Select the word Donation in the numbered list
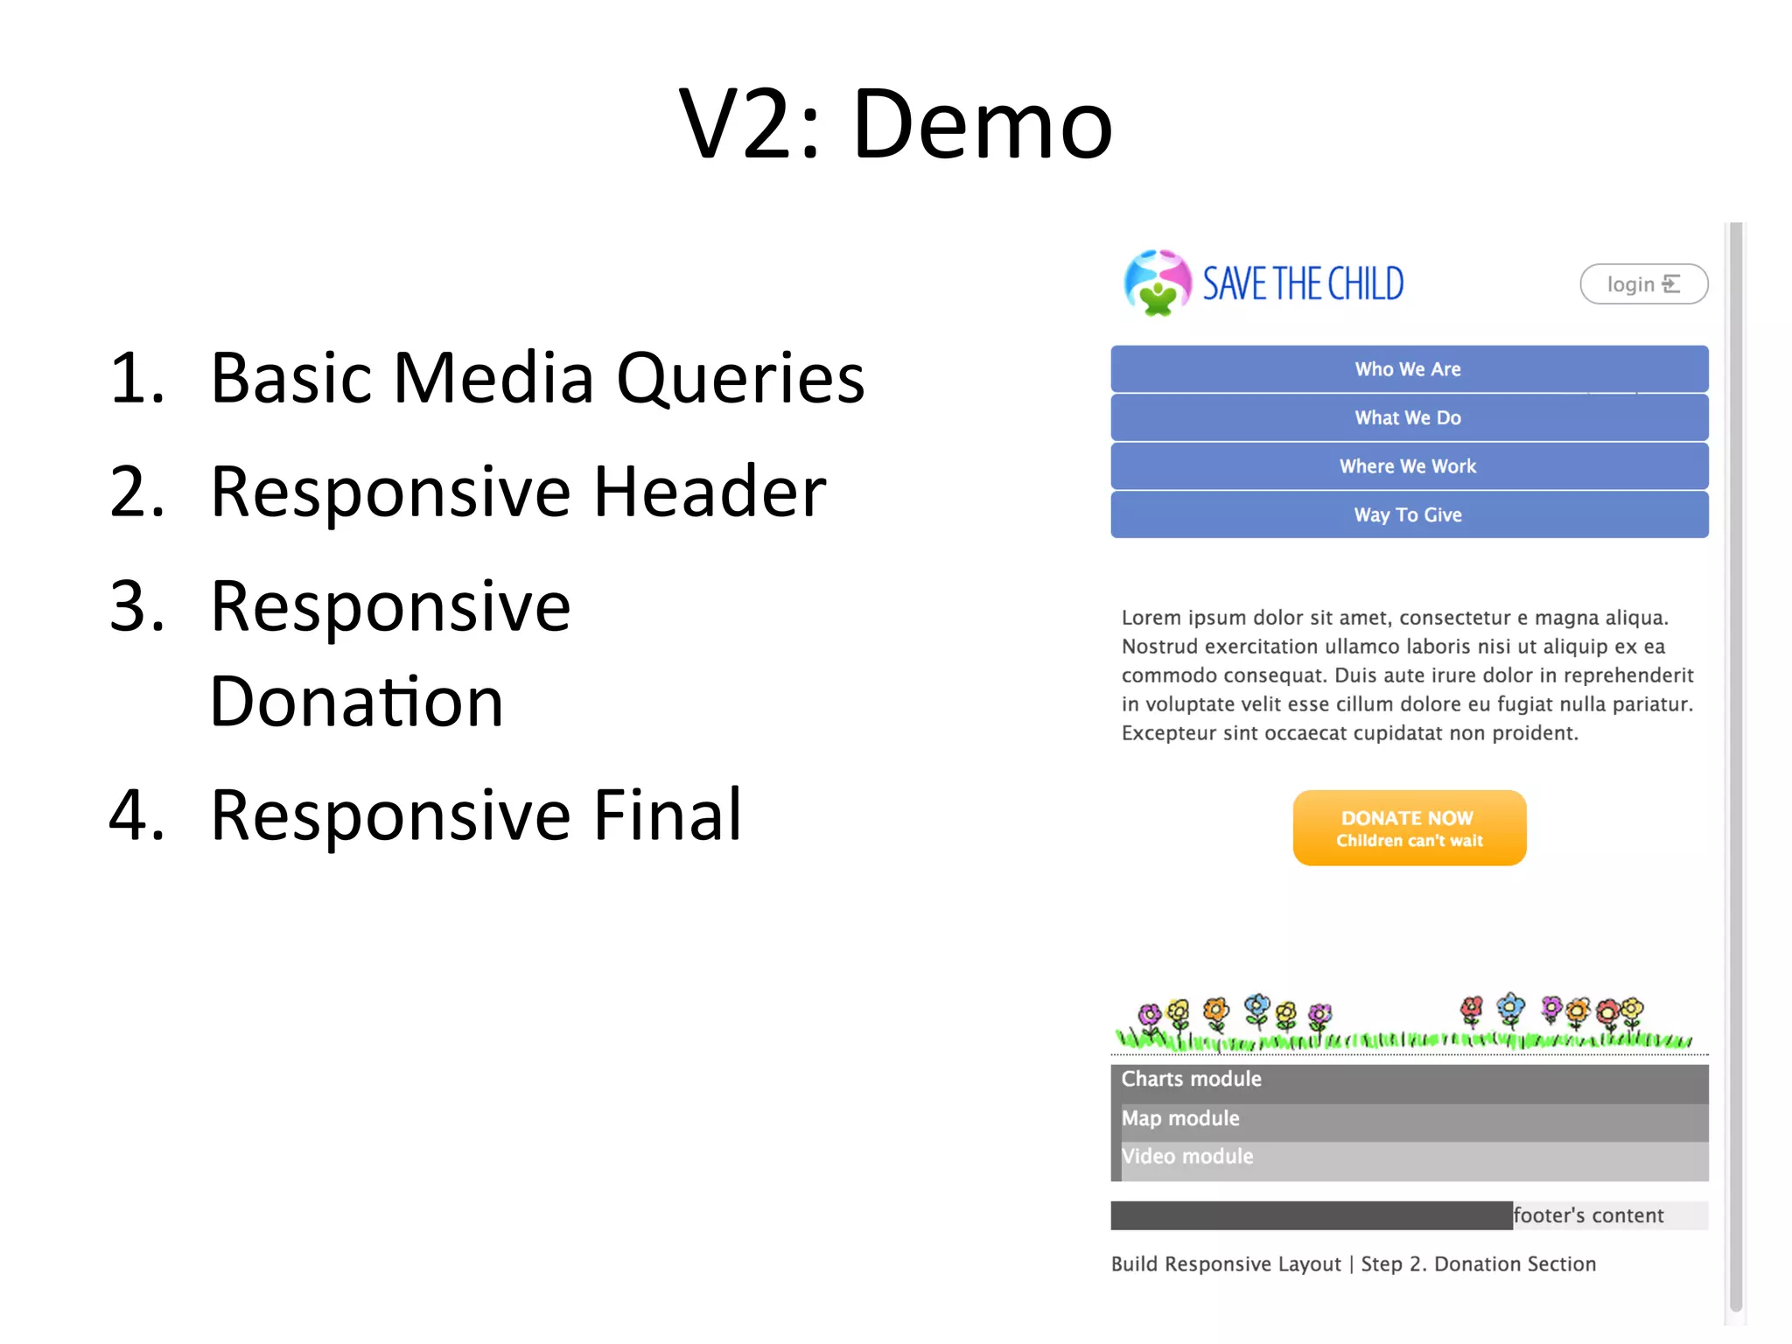pyautogui.click(x=357, y=702)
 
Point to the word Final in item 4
pyautogui.click(x=668, y=815)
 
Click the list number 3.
pyautogui.click(x=136, y=606)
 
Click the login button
pyautogui.click(x=1643, y=284)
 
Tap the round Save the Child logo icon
pyautogui.click(x=1157, y=283)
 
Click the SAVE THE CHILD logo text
pyautogui.click(x=1303, y=284)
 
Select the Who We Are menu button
pyautogui.click(x=1409, y=369)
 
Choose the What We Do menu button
pyautogui.click(x=1409, y=418)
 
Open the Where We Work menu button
pyautogui.click(x=1409, y=466)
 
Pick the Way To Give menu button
pyautogui.click(x=1409, y=515)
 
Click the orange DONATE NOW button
pyautogui.click(x=1409, y=828)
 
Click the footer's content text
pyautogui.click(x=1588, y=1215)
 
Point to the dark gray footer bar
pyautogui.click(x=1311, y=1215)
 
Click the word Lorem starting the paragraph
pyautogui.click(x=1151, y=618)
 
